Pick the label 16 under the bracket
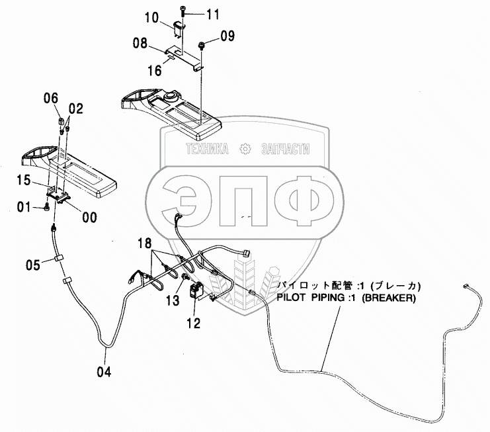tap(153, 68)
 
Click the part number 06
tap(50, 99)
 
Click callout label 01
tap(24, 208)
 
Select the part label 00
tap(88, 216)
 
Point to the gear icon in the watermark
tap(245, 150)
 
